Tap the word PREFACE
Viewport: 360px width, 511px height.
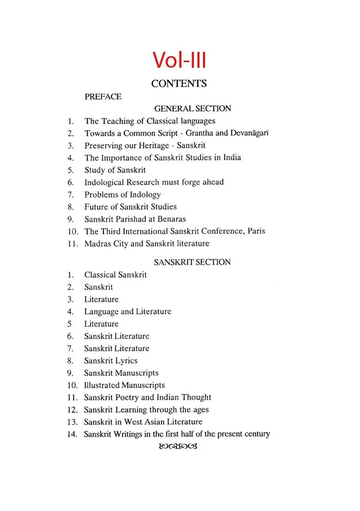coord(103,97)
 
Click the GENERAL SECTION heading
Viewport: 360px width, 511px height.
coord(192,109)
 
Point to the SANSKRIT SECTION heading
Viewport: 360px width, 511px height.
coord(192,262)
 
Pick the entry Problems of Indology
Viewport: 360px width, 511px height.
coord(122,195)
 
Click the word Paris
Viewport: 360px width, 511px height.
coord(256,231)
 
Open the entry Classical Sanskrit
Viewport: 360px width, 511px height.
coord(115,275)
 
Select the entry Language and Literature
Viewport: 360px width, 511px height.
coord(127,312)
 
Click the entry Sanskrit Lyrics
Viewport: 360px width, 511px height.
coord(111,361)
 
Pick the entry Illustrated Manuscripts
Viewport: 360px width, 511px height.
coord(124,385)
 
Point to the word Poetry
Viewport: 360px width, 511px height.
coord(131,398)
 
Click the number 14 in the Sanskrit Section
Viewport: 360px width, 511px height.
coord(72,434)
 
